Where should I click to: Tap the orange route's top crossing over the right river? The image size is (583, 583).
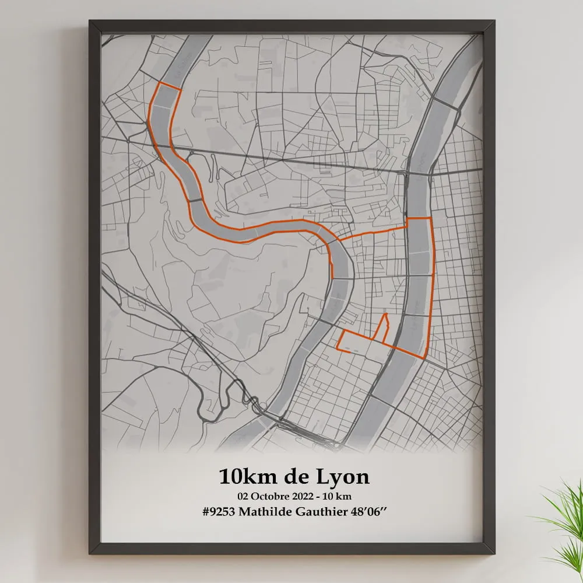click(x=419, y=218)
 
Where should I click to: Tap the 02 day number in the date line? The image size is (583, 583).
click(x=243, y=496)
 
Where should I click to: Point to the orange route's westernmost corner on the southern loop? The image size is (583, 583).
click(x=338, y=348)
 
